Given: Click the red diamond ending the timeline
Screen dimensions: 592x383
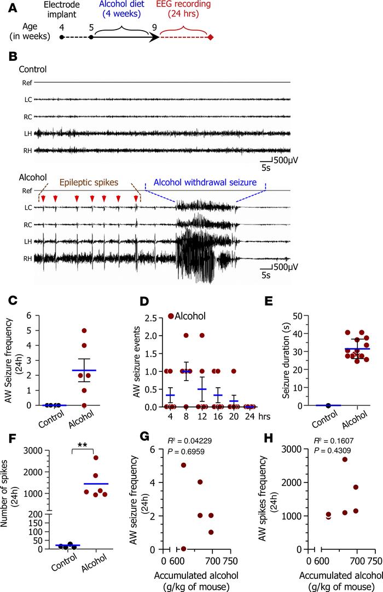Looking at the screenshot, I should point(211,37).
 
